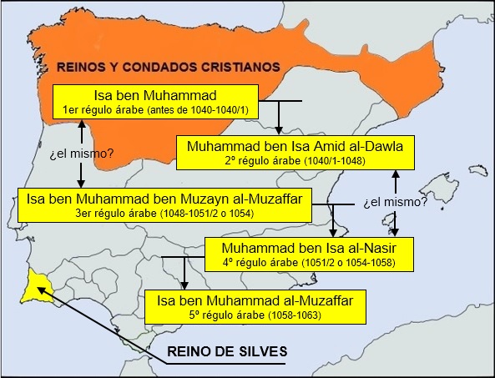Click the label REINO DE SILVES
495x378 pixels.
pos(226,352)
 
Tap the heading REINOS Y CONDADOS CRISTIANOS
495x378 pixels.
pos(167,67)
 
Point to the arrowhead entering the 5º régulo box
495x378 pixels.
pos(185,285)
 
